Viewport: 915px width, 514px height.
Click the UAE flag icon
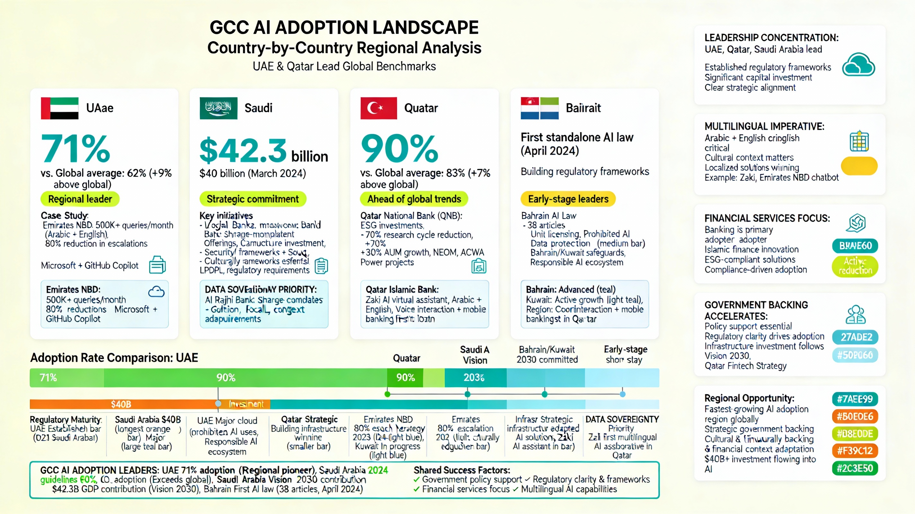click(59, 108)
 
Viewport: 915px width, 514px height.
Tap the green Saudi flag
click(218, 108)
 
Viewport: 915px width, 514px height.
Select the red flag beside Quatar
click(378, 108)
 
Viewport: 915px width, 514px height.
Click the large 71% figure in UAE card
click(75, 148)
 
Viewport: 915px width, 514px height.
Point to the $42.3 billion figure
click(263, 151)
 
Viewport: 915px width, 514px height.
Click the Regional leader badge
click(80, 199)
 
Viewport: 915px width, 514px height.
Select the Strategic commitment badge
click(253, 199)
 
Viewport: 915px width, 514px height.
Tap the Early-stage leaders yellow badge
click(568, 199)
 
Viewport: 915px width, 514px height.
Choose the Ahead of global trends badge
click(414, 199)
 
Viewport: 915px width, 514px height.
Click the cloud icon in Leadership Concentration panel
click(858, 65)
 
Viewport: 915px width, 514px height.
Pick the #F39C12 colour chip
click(855, 451)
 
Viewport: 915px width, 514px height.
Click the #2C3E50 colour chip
click(855, 468)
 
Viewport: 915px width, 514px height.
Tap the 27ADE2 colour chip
click(855, 337)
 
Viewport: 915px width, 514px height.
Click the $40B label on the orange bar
click(121, 404)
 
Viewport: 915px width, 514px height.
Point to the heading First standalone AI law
click(577, 137)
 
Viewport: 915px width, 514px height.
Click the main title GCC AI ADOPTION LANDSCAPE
click(344, 28)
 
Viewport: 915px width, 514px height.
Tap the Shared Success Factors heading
click(461, 470)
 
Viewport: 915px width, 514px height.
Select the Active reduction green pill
click(855, 266)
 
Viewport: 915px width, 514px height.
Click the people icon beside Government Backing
click(855, 315)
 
